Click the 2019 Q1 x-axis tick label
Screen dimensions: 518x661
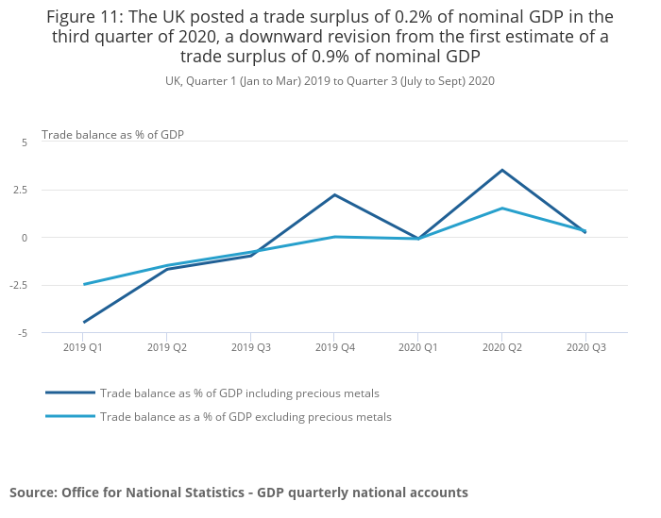[84, 348]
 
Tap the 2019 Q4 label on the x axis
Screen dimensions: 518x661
[334, 348]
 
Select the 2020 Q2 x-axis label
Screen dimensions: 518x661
[501, 348]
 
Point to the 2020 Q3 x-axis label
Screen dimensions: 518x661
[585, 348]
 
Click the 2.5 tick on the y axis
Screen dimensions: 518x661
[20, 190]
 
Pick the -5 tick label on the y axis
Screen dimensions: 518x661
[23, 333]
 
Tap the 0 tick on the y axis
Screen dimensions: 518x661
[25, 238]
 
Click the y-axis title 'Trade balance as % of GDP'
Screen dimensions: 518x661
[112, 135]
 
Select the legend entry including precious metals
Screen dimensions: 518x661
[239, 393]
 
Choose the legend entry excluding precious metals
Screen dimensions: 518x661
[246, 417]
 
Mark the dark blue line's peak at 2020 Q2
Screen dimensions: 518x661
[501, 170]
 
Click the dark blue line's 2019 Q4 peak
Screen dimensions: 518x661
[334, 194]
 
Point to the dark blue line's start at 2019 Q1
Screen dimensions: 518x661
[84, 322]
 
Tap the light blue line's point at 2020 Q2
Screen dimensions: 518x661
[501, 208]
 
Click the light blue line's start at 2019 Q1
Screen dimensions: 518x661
[84, 284]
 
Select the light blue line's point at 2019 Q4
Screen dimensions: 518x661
[334, 237]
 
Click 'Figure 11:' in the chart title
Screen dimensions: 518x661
[87, 17]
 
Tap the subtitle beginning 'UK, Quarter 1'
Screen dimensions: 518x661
[330, 81]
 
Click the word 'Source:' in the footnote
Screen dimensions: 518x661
[33, 493]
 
